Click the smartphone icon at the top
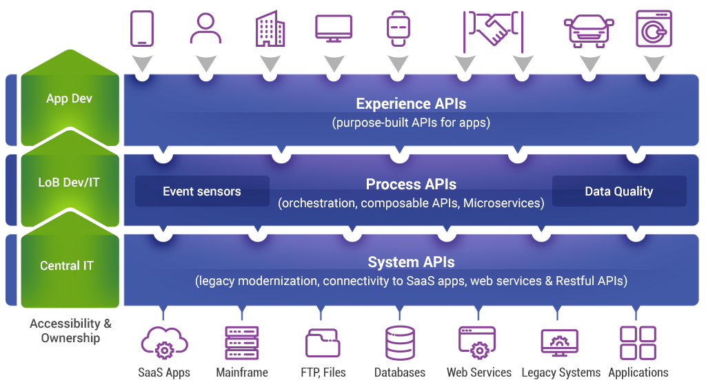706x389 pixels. coord(141,29)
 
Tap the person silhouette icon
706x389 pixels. coord(205,29)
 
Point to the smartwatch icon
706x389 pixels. coord(398,28)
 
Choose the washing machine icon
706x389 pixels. coord(653,28)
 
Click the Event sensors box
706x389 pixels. coord(202,191)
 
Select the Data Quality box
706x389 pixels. coord(618,191)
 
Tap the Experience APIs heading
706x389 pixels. coord(411,104)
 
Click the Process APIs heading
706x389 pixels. coord(411,185)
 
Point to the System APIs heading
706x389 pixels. coord(411,262)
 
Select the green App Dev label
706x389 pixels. coord(69,98)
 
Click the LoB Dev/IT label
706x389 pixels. coord(69,182)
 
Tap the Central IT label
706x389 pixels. coord(67,266)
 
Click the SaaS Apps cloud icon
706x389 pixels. coord(163,342)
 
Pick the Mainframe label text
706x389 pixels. coord(242,372)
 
